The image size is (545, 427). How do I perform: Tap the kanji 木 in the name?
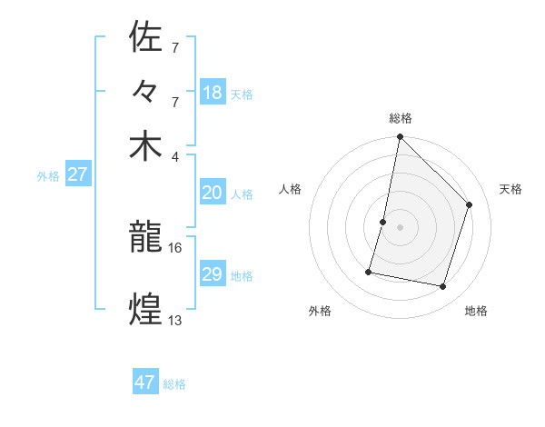tap(146, 146)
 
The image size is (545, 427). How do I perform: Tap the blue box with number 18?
tap(213, 92)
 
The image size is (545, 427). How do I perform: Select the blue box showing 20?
tap(213, 193)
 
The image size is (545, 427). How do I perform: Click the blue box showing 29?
tap(213, 274)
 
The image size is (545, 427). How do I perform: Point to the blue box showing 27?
tap(77, 174)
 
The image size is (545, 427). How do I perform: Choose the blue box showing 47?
tap(145, 382)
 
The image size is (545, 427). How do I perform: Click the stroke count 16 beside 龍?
tap(175, 247)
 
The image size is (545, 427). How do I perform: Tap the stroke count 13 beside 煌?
tap(175, 320)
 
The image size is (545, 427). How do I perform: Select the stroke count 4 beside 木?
tap(175, 155)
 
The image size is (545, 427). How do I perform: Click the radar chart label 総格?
tap(401, 118)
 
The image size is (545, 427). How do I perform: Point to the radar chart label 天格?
tap(510, 189)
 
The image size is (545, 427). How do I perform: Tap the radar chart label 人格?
tap(291, 189)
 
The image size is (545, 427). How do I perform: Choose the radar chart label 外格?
tap(320, 311)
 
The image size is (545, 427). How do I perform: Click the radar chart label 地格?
tap(476, 311)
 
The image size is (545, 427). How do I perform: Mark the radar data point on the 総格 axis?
tap(400, 137)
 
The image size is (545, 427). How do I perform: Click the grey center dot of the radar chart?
tap(400, 226)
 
